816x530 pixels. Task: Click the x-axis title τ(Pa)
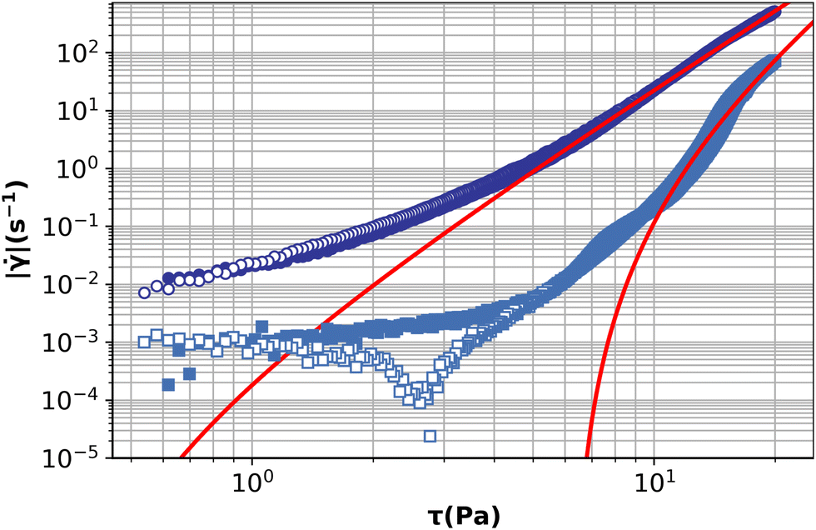(x=461, y=515)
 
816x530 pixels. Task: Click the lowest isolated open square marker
(x=430, y=435)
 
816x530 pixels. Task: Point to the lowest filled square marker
(x=167, y=384)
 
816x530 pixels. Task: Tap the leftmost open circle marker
(x=144, y=292)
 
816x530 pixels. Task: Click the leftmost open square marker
(x=143, y=342)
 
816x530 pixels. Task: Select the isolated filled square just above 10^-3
(x=262, y=326)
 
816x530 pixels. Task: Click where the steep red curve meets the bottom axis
(x=588, y=457)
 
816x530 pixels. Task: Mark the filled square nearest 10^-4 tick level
(x=189, y=373)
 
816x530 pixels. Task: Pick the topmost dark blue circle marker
(x=774, y=12)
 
